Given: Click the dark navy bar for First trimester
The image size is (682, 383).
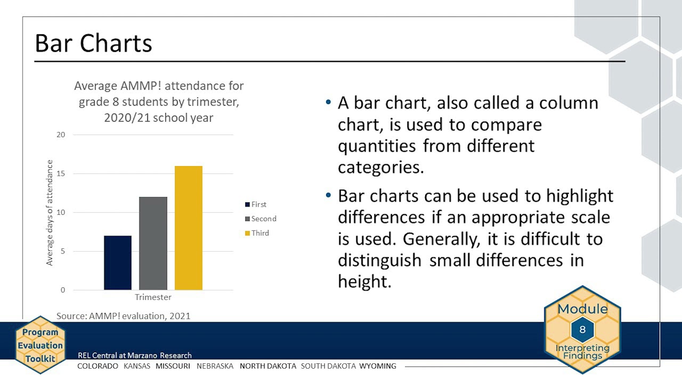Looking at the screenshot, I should [x=118, y=263].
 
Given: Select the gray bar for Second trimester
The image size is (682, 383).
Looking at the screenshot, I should [x=153, y=244].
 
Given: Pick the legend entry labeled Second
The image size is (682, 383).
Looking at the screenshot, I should [x=261, y=219].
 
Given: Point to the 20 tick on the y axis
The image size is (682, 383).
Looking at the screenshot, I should [x=61, y=135].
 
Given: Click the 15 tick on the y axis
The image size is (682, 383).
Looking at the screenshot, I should [x=61, y=173].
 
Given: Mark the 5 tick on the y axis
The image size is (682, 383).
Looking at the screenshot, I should [x=63, y=251].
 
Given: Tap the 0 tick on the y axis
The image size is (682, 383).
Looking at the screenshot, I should [x=63, y=290].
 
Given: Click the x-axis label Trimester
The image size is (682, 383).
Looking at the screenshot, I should [x=153, y=297].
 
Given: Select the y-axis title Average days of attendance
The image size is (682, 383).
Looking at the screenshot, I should [x=50, y=213].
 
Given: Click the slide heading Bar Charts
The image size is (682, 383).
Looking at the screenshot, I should [x=93, y=43].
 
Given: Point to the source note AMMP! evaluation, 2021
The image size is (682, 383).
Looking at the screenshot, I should [x=124, y=316].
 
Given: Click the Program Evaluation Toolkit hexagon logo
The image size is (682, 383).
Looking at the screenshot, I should [x=40, y=345].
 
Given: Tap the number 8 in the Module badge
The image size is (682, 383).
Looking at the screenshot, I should [x=582, y=329].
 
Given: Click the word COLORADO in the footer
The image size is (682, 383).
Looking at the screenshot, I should [x=98, y=366].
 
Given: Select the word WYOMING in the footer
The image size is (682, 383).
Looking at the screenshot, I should [x=378, y=366].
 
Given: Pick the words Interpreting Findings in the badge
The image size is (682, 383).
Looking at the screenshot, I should [x=582, y=352].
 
